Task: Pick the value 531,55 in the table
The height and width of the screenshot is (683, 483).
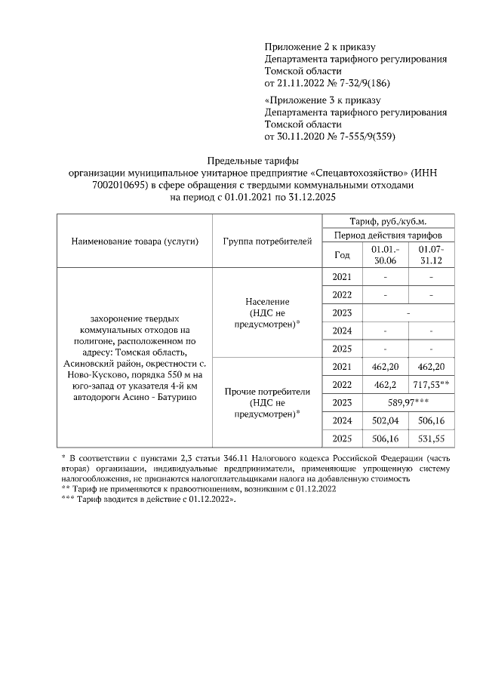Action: tap(432, 438)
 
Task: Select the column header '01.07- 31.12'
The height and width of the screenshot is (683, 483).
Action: tap(432, 254)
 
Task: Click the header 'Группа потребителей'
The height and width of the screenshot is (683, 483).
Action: tap(267, 242)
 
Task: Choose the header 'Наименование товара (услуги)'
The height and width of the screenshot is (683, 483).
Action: tap(134, 242)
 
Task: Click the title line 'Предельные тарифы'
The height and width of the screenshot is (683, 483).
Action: tap(252, 161)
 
